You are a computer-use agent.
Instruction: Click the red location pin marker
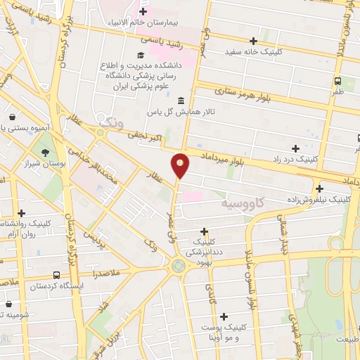(x=180, y=165)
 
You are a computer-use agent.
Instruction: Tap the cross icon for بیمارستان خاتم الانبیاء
(x=144, y=12)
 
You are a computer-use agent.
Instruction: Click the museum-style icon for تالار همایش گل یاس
(x=182, y=101)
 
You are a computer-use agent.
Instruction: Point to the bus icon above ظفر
(x=337, y=80)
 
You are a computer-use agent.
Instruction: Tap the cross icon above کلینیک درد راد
(x=295, y=148)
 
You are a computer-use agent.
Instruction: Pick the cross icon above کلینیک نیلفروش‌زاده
(x=320, y=188)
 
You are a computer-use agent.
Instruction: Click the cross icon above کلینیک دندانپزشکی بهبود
(x=204, y=231)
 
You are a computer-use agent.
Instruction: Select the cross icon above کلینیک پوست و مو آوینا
(x=224, y=316)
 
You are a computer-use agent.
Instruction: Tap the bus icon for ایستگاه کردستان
(x=56, y=276)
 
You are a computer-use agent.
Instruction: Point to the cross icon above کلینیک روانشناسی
(x=22, y=213)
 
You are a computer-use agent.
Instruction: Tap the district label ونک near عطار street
(x=111, y=122)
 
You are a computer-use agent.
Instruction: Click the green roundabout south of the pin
(x=179, y=265)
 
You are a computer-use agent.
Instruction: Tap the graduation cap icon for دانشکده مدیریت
(x=141, y=56)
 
